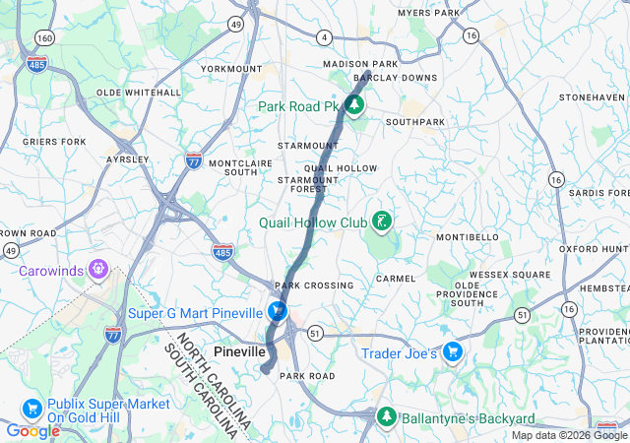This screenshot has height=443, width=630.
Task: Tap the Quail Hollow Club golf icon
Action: tap(380, 221)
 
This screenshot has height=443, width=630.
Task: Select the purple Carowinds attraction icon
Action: tap(97, 268)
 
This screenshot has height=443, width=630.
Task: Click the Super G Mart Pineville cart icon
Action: tap(279, 312)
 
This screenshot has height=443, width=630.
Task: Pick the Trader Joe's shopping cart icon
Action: tap(452, 351)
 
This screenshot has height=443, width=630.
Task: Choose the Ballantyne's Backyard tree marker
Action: tap(386, 417)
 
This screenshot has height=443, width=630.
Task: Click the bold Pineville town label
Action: tap(240, 351)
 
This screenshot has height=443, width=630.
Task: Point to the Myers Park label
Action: tap(428, 13)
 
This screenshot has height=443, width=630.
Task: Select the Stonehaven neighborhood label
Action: tap(592, 98)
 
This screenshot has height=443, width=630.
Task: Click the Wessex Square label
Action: tap(509, 274)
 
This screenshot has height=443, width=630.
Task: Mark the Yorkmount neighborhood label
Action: tap(231, 69)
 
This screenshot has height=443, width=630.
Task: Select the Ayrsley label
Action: tap(127, 158)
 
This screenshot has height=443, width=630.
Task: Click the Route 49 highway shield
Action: tap(236, 22)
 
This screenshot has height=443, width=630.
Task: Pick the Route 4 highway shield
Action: tap(324, 37)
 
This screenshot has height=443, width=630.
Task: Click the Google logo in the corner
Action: tap(32, 431)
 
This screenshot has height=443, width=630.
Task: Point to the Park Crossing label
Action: tap(313, 285)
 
